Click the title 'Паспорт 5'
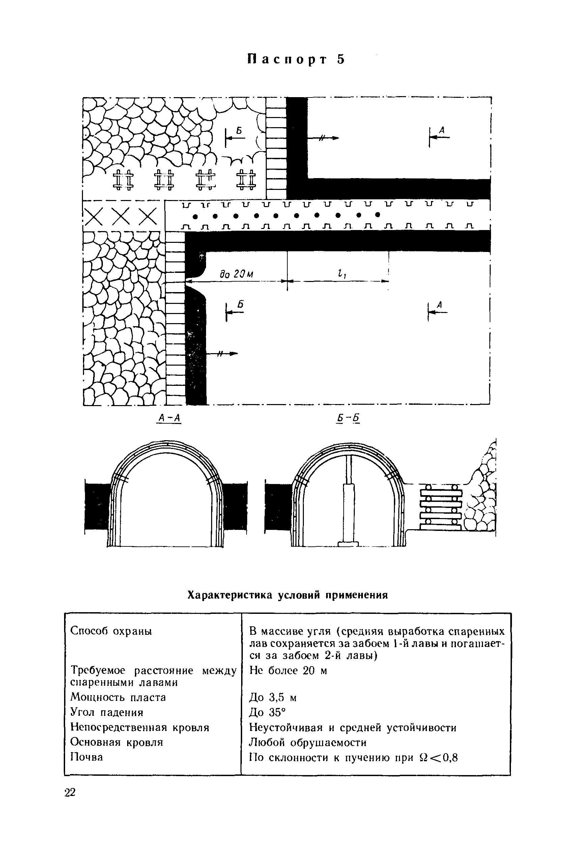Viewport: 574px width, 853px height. pyautogui.click(x=296, y=60)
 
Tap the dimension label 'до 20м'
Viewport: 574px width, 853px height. pyautogui.click(x=236, y=274)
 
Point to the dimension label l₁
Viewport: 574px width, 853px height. pyautogui.click(x=342, y=273)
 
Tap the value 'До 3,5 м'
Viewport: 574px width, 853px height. pyautogui.click(x=273, y=698)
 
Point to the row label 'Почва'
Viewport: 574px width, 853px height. pyautogui.click(x=86, y=757)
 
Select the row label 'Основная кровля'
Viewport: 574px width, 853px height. pyautogui.click(x=116, y=742)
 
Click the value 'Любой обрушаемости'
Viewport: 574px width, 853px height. pyautogui.click(x=308, y=742)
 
